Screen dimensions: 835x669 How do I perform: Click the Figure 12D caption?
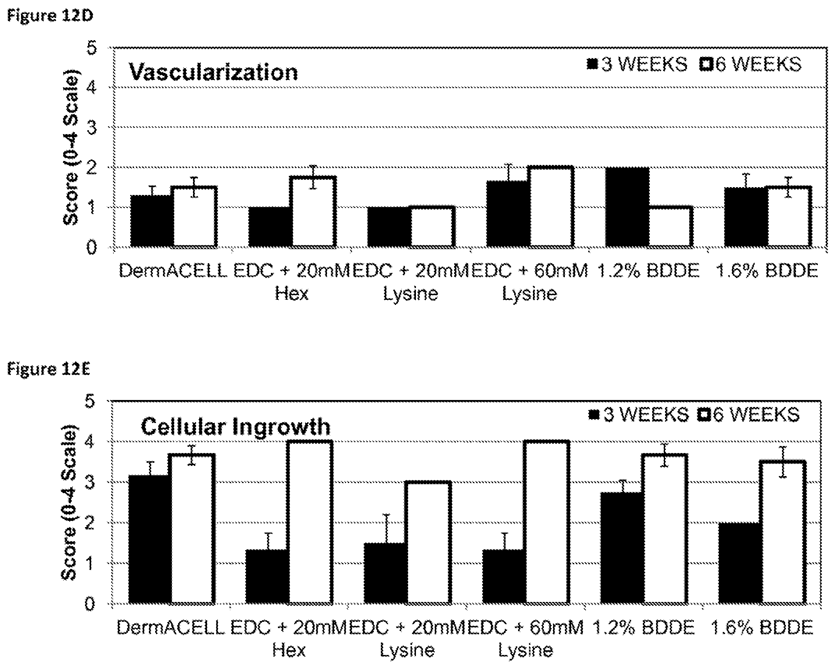click(x=50, y=16)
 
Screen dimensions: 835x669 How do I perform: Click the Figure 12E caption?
click(x=49, y=369)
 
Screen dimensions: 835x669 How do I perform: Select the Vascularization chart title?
click(x=213, y=73)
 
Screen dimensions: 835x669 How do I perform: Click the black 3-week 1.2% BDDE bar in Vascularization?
click(x=628, y=207)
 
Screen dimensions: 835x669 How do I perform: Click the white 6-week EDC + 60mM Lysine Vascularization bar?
click(x=552, y=207)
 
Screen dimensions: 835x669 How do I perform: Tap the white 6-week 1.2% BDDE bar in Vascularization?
click(x=671, y=227)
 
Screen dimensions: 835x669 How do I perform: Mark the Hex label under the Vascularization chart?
click(x=292, y=294)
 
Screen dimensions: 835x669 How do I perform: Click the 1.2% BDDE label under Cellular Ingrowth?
click(x=644, y=628)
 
